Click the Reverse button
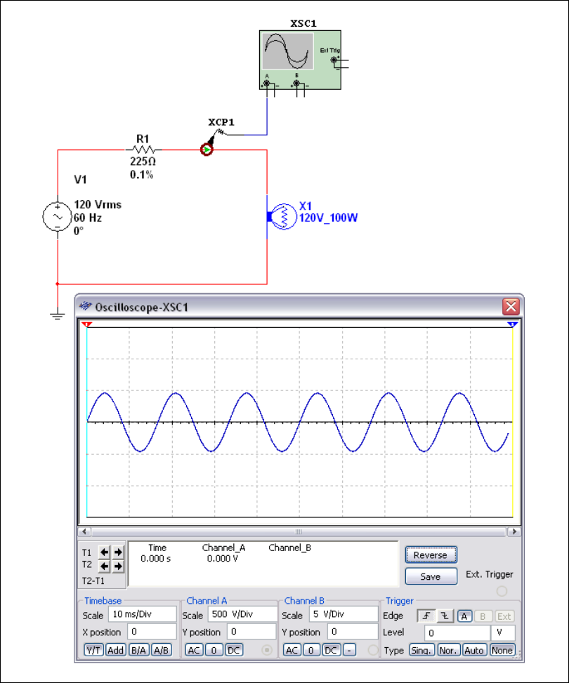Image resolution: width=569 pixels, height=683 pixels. tap(430, 555)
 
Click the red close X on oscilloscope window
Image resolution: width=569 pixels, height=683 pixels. tap(511, 307)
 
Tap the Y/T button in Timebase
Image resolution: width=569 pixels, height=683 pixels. tap(93, 650)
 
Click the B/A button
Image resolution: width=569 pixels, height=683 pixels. tap(139, 650)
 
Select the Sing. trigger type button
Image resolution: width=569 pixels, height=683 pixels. tap(421, 650)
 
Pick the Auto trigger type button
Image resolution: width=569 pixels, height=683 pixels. tap(474, 650)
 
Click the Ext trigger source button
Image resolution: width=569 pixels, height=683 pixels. tap(504, 616)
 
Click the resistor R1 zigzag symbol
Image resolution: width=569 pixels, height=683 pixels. tap(143, 150)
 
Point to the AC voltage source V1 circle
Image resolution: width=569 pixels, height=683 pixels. tap(56, 217)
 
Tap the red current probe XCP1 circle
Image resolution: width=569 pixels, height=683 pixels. tap(207, 150)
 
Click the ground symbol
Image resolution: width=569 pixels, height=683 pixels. tap(57, 314)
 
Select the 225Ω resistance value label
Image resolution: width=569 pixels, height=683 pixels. tap(143, 161)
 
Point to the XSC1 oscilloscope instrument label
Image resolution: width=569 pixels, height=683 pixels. tap(303, 23)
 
